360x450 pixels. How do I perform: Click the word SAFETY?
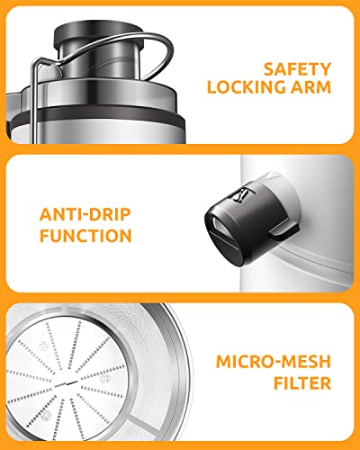click(x=297, y=69)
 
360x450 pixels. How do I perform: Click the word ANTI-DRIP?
click(x=85, y=214)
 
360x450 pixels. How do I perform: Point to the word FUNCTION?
click(x=85, y=236)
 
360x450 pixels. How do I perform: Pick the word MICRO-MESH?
click(x=274, y=362)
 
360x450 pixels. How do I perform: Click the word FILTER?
click(x=302, y=383)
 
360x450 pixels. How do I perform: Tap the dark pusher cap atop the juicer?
click(x=98, y=33)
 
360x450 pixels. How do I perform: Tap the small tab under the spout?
click(x=284, y=232)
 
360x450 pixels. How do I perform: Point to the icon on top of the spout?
click(x=242, y=195)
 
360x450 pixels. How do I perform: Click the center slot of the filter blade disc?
click(x=66, y=383)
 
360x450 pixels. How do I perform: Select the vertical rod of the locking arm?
click(x=35, y=102)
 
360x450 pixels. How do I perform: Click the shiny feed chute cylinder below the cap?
click(x=98, y=61)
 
